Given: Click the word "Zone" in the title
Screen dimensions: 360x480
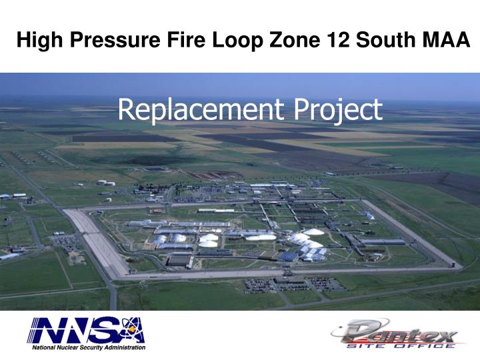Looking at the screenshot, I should point(291,42).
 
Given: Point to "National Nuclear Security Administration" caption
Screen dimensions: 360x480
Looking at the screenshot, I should point(86,347).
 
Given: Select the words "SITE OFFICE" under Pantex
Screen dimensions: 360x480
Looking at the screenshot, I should point(401,345).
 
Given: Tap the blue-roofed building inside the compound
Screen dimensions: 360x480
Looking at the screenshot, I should point(289,256).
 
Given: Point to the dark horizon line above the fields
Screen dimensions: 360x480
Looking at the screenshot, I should point(240,101).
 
